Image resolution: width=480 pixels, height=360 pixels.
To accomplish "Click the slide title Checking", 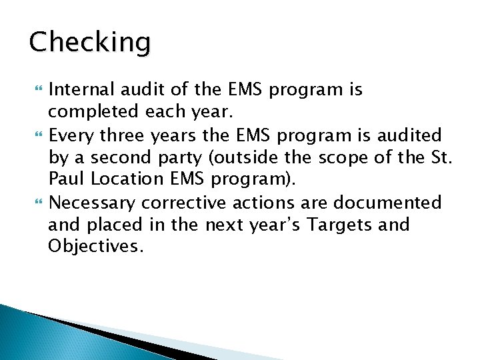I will coord(89,43).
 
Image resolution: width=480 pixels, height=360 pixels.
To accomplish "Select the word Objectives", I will coord(95,247).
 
